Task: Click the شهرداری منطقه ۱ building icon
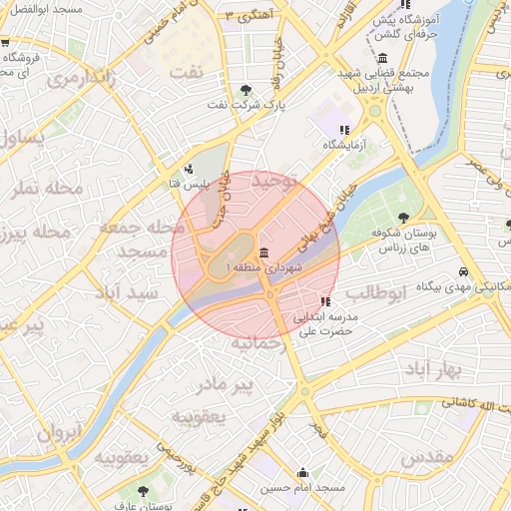click(263, 253)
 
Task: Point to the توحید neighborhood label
click(275, 182)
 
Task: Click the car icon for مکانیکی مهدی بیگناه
click(463, 271)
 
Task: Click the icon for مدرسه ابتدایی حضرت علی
click(324, 300)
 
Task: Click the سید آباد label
click(127, 293)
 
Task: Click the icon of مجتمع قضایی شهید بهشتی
click(384, 58)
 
